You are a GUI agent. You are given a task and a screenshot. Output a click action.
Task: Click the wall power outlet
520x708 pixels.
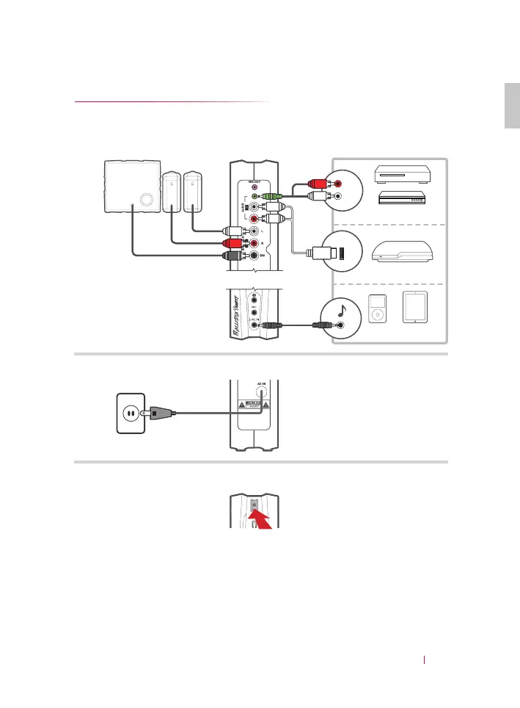pos(130,413)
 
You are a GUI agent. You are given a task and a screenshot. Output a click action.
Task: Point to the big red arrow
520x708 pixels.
pos(263,518)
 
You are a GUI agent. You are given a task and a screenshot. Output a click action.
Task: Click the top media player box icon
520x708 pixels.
pos(404,174)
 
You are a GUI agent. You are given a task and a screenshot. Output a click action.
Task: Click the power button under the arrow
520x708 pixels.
pos(253,505)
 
